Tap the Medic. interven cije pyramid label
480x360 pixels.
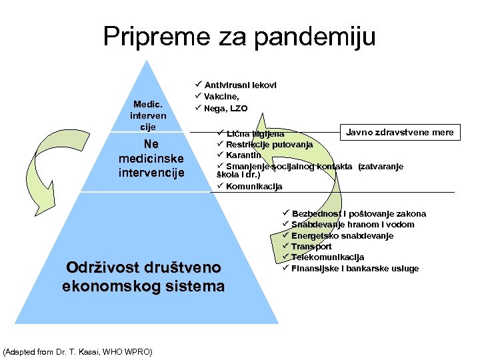click(x=147, y=115)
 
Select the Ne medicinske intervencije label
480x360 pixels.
click(x=151, y=159)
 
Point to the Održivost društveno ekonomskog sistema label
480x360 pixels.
click(x=143, y=277)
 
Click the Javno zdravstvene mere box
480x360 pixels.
click(x=399, y=132)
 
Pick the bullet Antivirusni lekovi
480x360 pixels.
click(x=240, y=85)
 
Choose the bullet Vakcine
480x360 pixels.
click(x=226, y=97)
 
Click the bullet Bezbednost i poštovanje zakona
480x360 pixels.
click(x=359, y=214)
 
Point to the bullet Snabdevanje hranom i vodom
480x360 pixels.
click(x=353, y=225)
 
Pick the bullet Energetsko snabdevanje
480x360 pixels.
click(x=342, y=236)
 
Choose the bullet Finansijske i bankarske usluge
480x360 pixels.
click(x=355, y=269)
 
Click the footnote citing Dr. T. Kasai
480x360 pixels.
click(x=78, y=351)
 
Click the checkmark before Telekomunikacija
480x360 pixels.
click(x=285, y=257)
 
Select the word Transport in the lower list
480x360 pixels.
click(x=311, y=247)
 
